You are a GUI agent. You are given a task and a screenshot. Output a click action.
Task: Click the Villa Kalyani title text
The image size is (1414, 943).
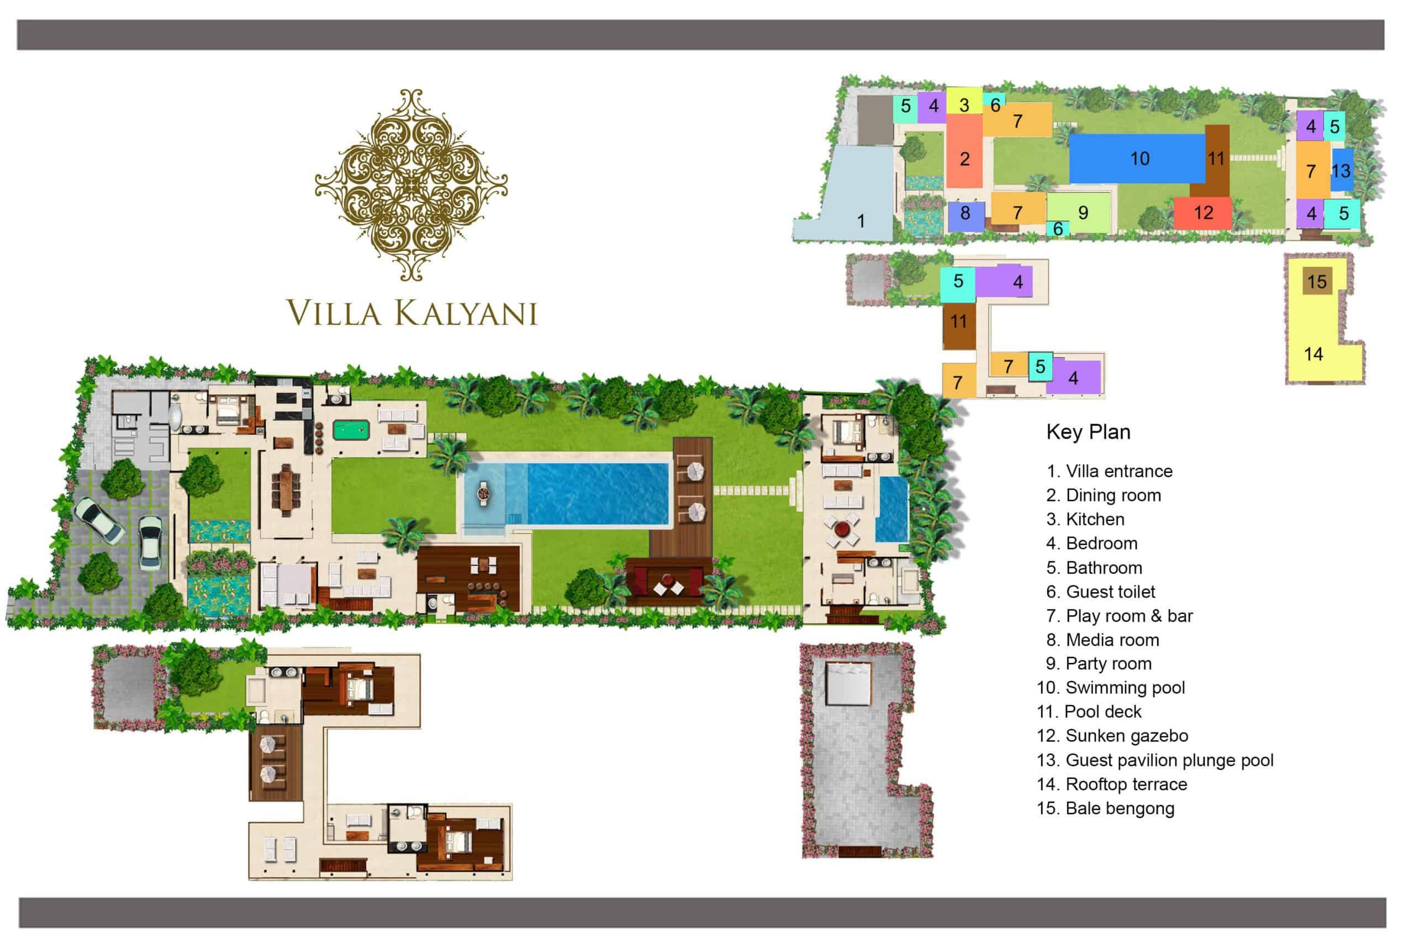tap(412, 313)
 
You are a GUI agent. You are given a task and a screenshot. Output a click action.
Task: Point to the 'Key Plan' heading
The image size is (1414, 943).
tap(1088, 432)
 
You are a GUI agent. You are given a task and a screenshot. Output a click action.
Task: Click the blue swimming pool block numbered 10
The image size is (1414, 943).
tap(1137, 158)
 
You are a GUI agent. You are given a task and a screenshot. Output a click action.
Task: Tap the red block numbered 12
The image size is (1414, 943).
tap(1203, 213)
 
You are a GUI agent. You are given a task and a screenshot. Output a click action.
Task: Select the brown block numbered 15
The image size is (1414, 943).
tap(1317, 281)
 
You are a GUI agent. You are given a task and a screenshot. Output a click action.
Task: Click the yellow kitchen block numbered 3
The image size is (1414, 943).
tap(964, 102)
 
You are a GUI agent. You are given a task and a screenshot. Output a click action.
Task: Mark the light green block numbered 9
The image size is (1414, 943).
tap(1079, 213)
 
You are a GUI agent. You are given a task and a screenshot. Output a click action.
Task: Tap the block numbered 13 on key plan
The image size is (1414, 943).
tap(1342, 170)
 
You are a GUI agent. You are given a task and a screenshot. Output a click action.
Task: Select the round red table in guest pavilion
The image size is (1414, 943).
tap(842, 529)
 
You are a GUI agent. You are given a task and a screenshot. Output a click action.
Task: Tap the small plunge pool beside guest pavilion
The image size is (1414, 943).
tap(891, 509)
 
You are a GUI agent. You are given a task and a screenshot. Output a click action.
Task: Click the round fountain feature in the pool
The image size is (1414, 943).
tap(483, 494)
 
